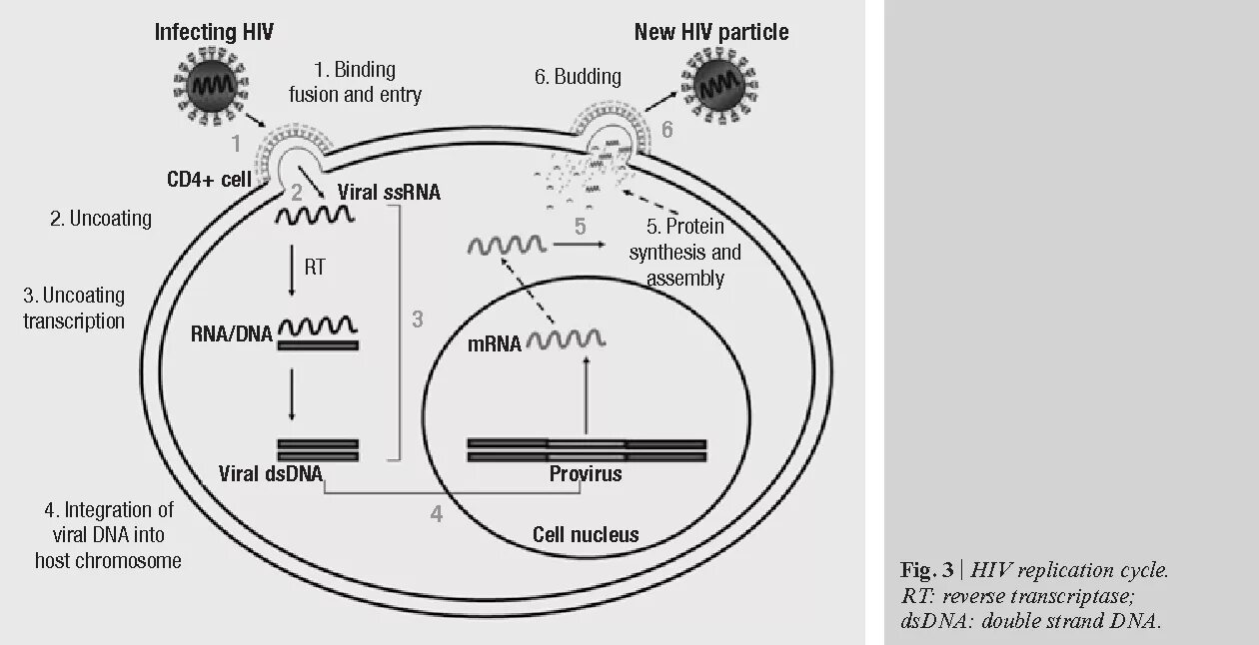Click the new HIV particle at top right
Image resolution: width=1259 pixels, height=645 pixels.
(x=717, y=88)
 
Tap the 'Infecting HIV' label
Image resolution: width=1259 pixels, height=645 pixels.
(x=213, y=32)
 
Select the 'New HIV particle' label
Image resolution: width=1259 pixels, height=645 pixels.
(x=711, y=32)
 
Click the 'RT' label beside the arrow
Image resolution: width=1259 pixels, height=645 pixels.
(x=314, y=268)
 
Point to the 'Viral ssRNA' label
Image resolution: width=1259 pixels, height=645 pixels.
(x=389, y=192)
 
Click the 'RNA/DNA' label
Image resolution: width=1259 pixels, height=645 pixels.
(x=232, y=333)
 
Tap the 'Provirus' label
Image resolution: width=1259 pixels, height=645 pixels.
(x=586, y=473)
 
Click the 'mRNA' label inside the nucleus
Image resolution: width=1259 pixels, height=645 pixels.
(x=494, y=344)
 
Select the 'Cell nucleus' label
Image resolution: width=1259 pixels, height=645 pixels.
(x=586, y=534)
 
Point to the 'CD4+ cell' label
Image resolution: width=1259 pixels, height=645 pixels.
(x=209, y=181)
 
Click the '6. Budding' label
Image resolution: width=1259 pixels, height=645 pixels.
(x=578, y=77)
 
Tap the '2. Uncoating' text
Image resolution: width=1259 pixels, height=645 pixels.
(x=101, y=219)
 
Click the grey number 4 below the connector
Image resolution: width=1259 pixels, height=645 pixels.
(x=436, y=514)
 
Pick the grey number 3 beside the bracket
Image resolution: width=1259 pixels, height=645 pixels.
(x=418, y=320)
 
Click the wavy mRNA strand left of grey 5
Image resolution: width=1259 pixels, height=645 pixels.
(x=508, y=245)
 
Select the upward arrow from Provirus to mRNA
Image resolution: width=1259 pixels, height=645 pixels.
(x=587, y=394)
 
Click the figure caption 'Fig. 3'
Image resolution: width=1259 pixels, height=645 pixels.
(x=927, y=570)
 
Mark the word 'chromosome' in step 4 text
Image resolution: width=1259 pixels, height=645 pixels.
(x=131, y=560)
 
